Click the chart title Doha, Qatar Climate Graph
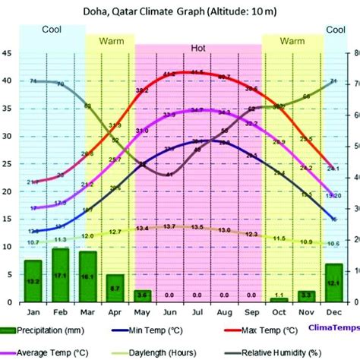click(x=179, y=11)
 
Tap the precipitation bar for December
click(x=334, y=282)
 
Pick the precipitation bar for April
click(x=115, y=287)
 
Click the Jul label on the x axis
click(x=197, y=312)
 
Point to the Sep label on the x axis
click(x=251, y=312)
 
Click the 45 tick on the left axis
click(x=7, y=53)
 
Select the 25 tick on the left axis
click(x=7, y=164)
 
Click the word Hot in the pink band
click(x=198, y=48)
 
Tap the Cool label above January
click(x=31, y=30)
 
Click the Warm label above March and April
click(x=111, y=39)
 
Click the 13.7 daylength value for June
click(x=169, y=227)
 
